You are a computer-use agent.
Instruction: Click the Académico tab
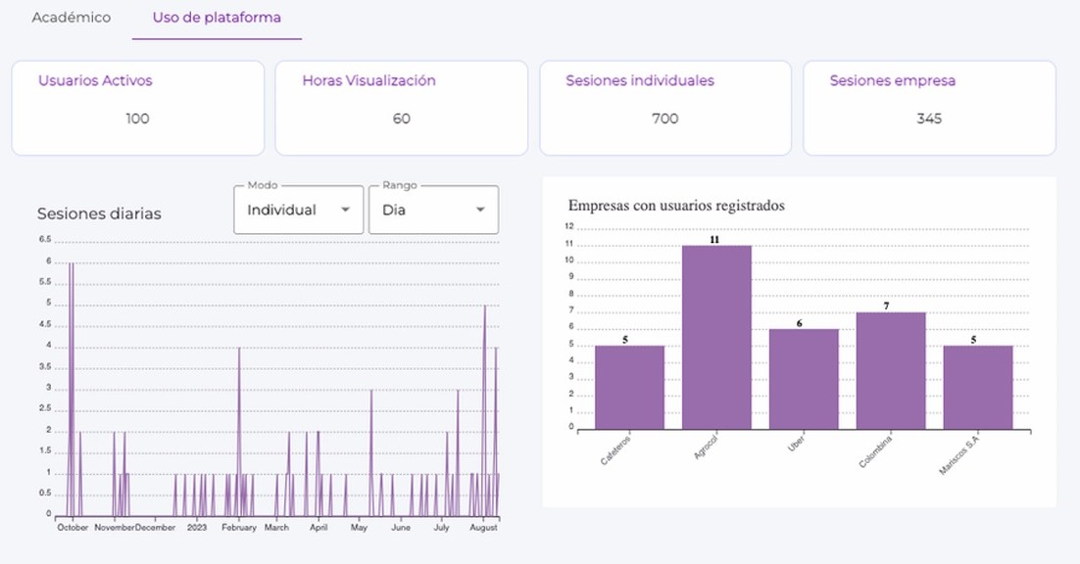71,18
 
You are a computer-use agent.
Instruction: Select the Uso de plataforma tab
217,18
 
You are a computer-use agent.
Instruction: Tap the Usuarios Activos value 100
137,118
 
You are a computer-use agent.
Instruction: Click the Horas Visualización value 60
402,118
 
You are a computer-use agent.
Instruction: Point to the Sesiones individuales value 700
664,118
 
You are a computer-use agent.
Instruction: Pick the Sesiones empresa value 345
929,118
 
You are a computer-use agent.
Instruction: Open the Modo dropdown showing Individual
298,210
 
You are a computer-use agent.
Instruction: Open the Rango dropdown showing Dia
433,210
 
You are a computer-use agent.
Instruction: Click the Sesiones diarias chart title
99,213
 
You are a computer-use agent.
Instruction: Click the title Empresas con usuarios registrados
676,206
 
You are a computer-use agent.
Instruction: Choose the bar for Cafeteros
629,387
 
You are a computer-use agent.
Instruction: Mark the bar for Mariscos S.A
978,387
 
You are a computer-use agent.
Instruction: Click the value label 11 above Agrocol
715,239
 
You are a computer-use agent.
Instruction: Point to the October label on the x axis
73,527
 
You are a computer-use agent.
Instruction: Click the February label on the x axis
238,527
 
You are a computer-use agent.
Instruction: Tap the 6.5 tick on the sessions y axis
45,240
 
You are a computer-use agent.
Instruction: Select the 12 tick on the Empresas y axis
568,226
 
